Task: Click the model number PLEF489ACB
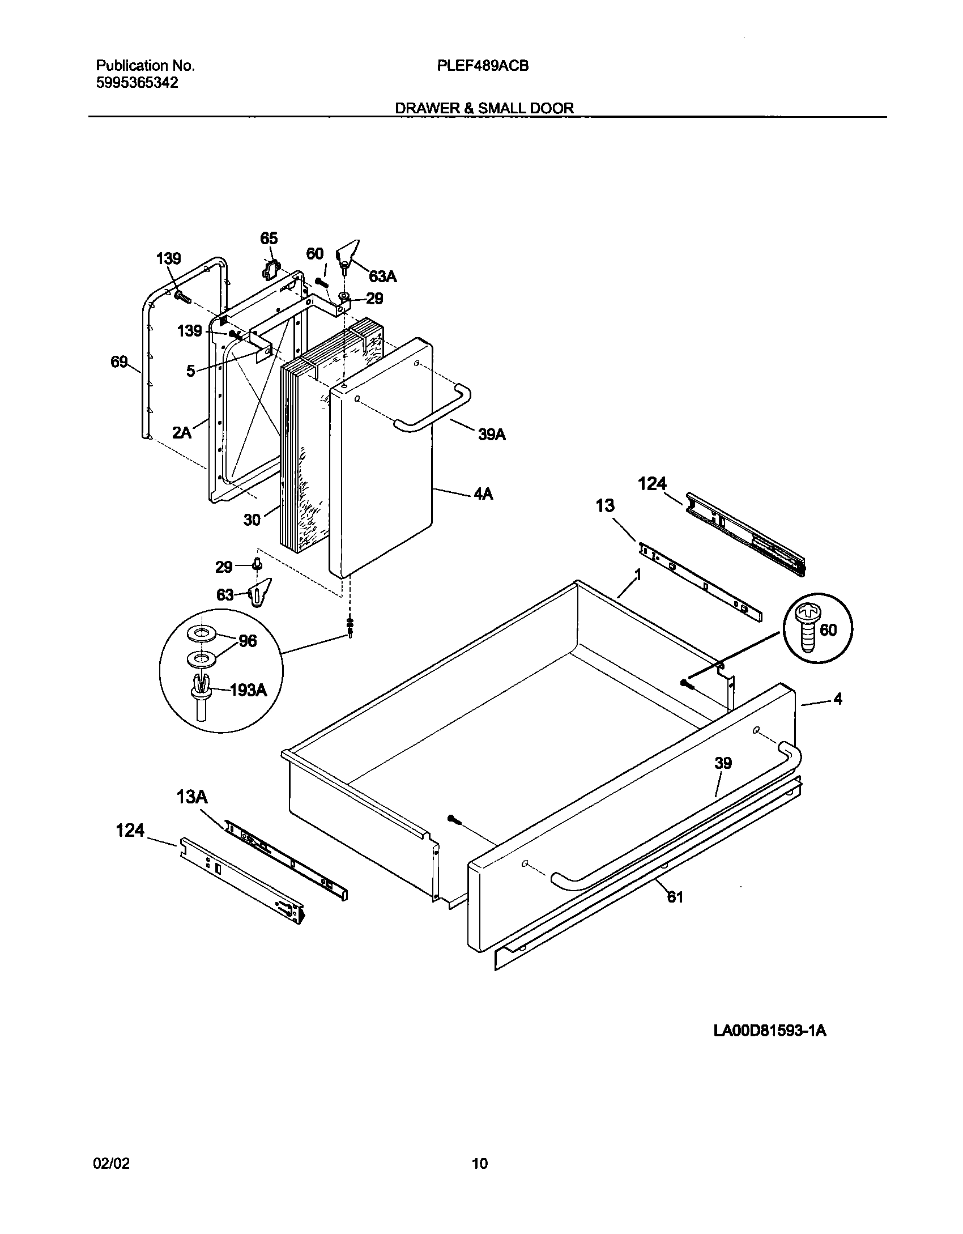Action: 483,66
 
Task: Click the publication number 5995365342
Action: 137,83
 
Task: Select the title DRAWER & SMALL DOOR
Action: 484,108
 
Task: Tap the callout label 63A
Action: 383,276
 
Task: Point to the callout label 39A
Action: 492,435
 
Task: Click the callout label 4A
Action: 483,495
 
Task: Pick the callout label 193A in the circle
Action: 248,690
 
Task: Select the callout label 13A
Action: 192,798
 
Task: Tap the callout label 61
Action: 675,897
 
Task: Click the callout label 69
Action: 120,361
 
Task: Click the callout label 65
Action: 269,238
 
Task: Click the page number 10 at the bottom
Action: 479,1164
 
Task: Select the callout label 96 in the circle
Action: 248,641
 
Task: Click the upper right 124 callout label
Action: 653,484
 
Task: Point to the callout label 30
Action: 252,520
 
